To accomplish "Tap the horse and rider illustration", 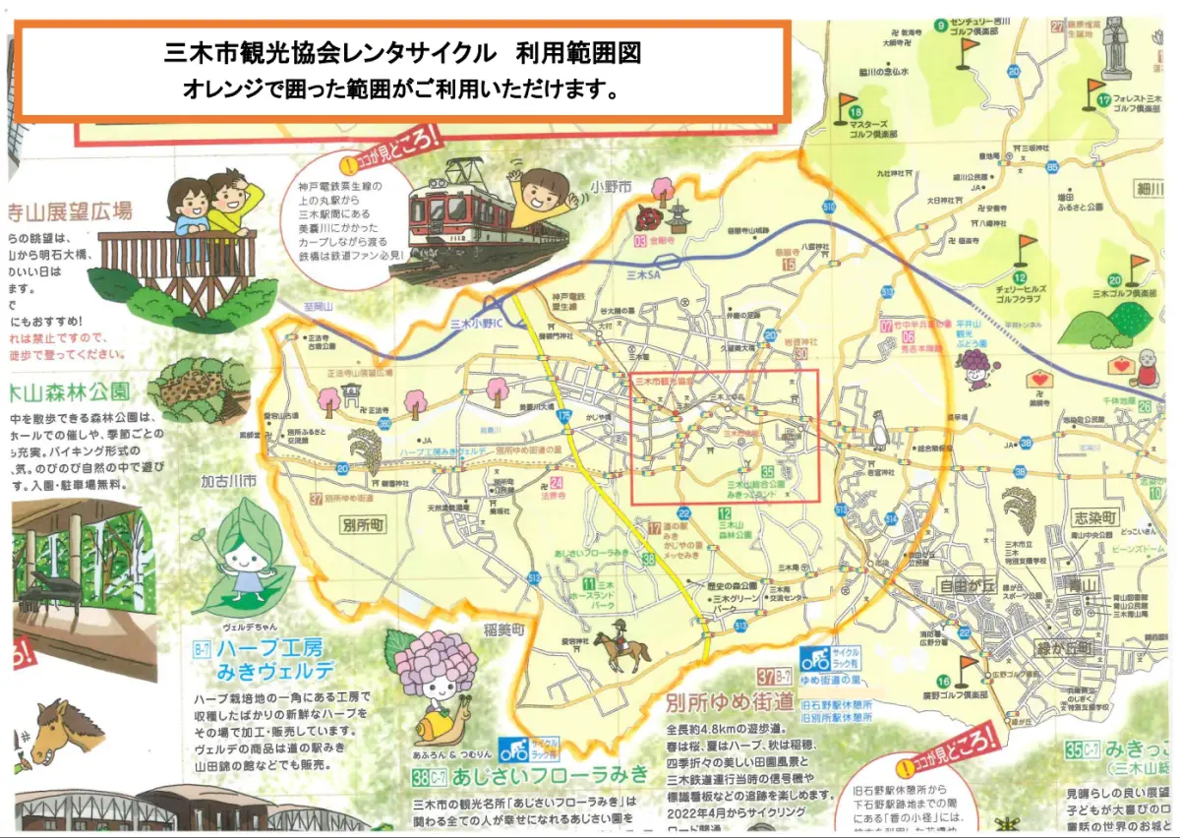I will pos(622,645).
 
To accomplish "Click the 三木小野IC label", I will pos(476,324).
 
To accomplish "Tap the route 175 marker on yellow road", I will pos(563,417).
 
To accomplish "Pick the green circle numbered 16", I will pos(943,682).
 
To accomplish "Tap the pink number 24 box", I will pos(557,483).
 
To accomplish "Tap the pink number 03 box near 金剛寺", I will pos(641,241).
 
